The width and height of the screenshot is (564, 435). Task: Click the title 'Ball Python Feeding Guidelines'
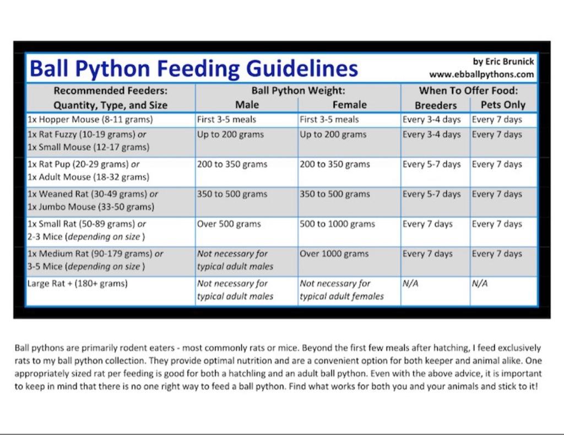(x=193, y=68)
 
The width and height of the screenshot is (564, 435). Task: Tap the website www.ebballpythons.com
(x=481, y=74)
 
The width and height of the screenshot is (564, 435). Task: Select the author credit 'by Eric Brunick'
(x=503, y=62)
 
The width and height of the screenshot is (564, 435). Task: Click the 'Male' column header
(x=247, y=105)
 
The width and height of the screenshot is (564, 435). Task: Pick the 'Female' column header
(x=350, y=105)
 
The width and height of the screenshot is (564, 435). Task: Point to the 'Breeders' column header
(x=436, y=105)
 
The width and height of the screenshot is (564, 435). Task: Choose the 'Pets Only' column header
(x=503, y=105)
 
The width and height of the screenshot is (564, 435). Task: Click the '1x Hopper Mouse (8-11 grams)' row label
(x=90, y=120)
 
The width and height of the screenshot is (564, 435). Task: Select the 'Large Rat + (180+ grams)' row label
(x=77, y=283)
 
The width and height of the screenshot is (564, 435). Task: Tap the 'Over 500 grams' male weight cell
(x=229, y=224)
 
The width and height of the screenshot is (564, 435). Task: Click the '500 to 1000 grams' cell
(x=338, y=224)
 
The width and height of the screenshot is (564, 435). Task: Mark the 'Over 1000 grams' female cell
(x=334, y=254)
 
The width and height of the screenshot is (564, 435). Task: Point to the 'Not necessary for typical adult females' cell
(x=341, y=290)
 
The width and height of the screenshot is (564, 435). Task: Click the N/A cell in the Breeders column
(x=410, y=283)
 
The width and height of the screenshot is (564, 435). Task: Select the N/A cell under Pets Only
(x=480, y=283)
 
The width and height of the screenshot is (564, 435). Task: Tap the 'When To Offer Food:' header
(x=468, y=90)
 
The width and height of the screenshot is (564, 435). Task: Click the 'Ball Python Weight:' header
(x=298, y=90)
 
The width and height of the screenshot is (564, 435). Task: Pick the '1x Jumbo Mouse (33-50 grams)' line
(x=91, y=207)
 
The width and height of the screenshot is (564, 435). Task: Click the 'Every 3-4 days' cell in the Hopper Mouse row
(x=432, y=120)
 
